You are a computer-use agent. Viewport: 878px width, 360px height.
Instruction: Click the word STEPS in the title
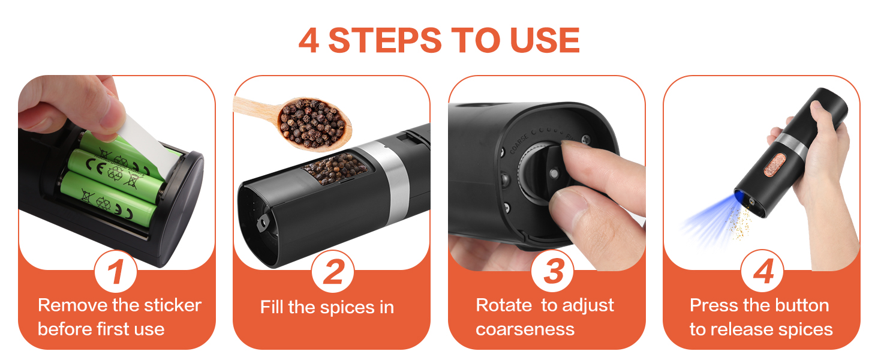pos(385,40)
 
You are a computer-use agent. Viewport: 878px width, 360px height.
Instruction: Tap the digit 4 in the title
pos(308,40)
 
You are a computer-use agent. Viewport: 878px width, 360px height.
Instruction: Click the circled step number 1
pos(116,271)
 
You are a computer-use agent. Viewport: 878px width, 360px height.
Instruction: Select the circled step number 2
pos(332,271)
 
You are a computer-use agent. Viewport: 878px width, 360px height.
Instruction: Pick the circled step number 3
pos(552,271)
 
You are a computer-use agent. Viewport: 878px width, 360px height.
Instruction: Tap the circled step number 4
pos(762,271)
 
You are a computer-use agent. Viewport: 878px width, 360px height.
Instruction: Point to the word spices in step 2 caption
pos(347,307)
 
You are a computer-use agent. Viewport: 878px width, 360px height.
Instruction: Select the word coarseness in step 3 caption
pos(525,329)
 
